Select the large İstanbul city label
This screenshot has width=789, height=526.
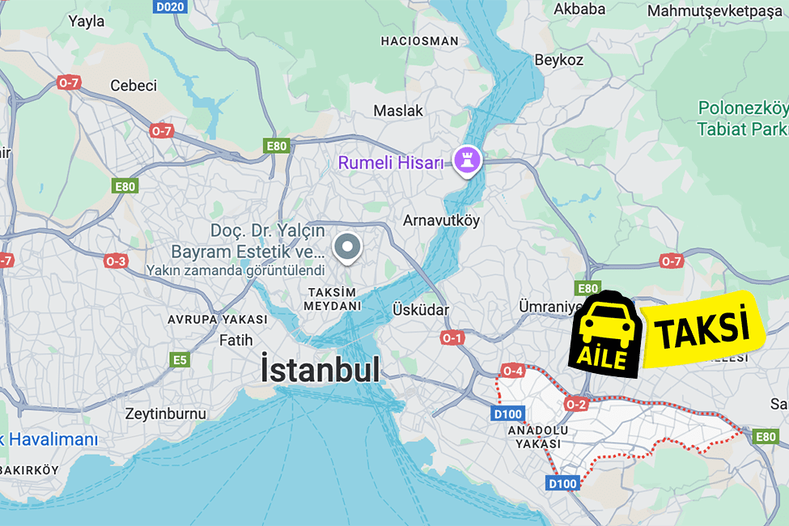[x=320, y=370]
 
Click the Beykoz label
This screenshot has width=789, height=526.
[x=558, y=60]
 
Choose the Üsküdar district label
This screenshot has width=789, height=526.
[x=420, y=310]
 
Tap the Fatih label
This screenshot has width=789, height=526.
[x=236, y=340]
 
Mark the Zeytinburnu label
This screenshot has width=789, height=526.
[x=166, y=414]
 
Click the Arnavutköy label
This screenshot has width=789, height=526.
[x=442, y=220]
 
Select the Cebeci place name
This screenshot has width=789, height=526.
[x=134, y=86]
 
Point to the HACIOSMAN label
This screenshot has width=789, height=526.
[x=419, y=40]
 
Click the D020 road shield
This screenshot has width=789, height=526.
[x=170, y=7]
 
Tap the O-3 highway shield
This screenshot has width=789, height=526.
[x=116, y=261]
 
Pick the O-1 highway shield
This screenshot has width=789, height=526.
[x=452, y=337]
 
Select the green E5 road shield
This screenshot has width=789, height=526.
[x=180, y=359]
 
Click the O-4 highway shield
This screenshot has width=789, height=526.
[x=513, y=371]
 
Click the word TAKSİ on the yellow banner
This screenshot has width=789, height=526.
[x=699, y=329]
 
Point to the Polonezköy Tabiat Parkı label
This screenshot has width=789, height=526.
[x=742, y=118]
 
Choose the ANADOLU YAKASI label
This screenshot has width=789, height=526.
[x=537, y=437]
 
